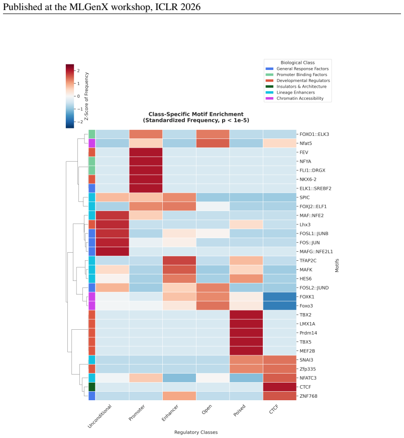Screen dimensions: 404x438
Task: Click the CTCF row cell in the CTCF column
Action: pyautogui.click(x=280, y=387)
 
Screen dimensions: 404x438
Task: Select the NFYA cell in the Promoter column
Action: pyautogui.click(x=146, y=161)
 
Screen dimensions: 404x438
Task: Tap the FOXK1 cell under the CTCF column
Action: pyautogui.click(x=280, y=297)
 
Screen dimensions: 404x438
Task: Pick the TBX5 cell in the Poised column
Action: pyautogui.click(x=246, y=342)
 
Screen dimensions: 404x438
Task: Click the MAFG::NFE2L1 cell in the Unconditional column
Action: pyautogui.click(x=113, y=251)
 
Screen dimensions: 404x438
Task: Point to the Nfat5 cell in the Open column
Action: pyautogui.click(x=213, y=143)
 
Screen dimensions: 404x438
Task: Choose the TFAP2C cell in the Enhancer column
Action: pyautogui.click(x=179, y=261)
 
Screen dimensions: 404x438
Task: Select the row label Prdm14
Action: pyautogui.click(x=308, y=333)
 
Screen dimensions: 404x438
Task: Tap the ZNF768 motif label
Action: pyautogui.click(x=309, y=396)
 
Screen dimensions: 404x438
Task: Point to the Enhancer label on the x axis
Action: pyautogui.click(x=170, y=413)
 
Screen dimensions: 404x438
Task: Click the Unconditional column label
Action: pyautogui.click(x=99, y=416)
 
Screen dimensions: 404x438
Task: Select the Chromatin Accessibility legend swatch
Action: pyautogui.click(x=269, y=98)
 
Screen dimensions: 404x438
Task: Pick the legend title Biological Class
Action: pyautogui.click(x=297, y=62)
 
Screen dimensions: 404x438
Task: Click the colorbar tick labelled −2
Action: pyautogui.click(x=80, y=122)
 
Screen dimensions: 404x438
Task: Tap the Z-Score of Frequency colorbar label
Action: pyautogui.click(x=86, y=96)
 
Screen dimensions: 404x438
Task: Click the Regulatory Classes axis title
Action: pyautogui.click(x=196, y=432)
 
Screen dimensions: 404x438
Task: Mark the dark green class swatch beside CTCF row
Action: pyautogui.click(x=92, y=387)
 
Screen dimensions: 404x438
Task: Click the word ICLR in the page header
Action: pyautogui.click(x=166, y=7)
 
